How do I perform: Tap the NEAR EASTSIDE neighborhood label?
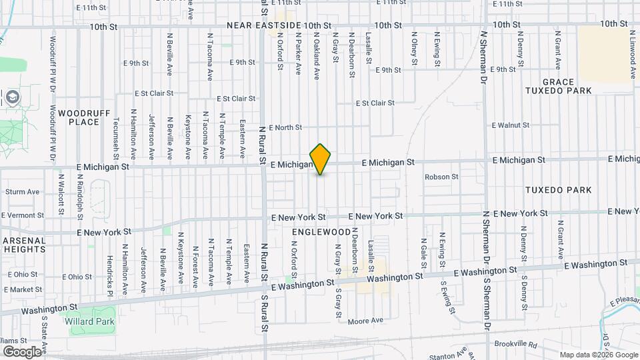click(x=264, y=25)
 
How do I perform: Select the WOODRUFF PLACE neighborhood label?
click(x=84, y=117)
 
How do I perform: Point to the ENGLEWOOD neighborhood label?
click(x=321, y=231)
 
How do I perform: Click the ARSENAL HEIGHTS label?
click(x=23, y=245)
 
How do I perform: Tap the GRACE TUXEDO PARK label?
click(x=567, y=86)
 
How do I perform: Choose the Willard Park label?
click(x=89, y=321)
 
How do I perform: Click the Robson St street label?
click(x=442, y=177)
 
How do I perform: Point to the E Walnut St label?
click(x=510, y=125)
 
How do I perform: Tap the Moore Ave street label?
click(x=366, y=321)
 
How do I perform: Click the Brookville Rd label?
click(x=516, y=344)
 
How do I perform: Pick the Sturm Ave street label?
click(x=22, y=191)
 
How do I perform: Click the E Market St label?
click(x=22, y=289)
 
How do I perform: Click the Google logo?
click(x=22, y=351)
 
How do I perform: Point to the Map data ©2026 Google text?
click(x=598, y=355)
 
